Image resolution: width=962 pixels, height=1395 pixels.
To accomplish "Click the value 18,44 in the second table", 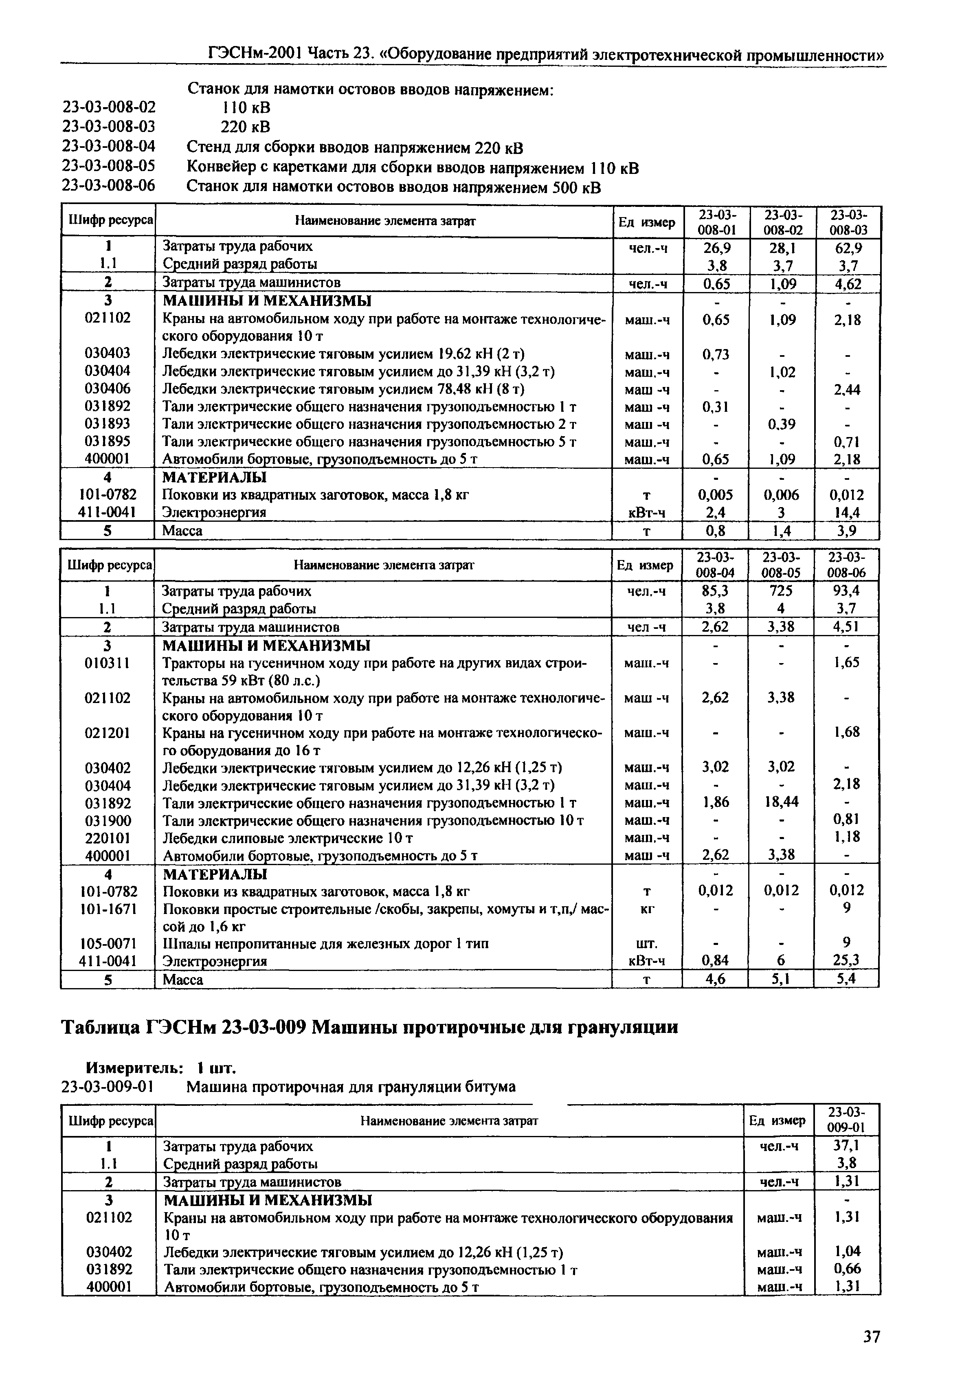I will point(781,802).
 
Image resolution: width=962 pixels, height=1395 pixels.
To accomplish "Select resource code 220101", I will point(108,838).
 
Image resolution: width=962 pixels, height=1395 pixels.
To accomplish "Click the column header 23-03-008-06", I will point(846,565).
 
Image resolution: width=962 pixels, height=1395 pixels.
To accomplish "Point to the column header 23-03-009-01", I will point(846,1120).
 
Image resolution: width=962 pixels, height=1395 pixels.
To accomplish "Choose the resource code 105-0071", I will point(108,943).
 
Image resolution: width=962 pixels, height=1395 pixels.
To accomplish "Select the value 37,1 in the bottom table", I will point(847,1145).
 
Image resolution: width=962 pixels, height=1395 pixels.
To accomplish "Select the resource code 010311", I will point(108,663).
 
